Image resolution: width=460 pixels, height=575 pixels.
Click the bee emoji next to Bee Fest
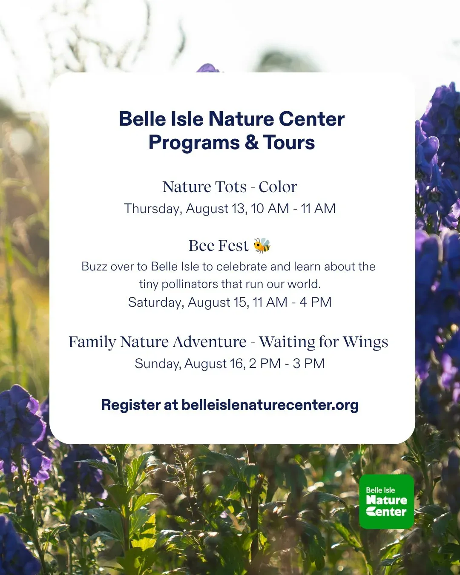pos(262,245)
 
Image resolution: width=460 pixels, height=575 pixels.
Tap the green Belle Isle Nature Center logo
pos(386,501)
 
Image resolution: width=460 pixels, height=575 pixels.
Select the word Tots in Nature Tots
pos(231,187)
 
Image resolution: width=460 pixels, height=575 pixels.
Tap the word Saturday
pos(156,302)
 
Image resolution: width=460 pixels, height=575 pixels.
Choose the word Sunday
pos(157,364)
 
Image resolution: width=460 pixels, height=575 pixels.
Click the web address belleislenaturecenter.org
pos(270,405)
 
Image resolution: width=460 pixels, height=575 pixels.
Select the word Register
pos(131,405)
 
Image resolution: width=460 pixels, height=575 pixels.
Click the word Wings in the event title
pos(365,342)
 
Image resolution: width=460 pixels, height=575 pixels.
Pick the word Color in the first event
pos(278,187)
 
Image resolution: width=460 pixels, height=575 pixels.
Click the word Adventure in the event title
pos(209,342)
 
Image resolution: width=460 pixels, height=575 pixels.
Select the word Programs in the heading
pos(194,143)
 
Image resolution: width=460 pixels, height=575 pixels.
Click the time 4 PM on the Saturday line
pos(315,302)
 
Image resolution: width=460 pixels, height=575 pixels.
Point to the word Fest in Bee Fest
pos(233,245)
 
